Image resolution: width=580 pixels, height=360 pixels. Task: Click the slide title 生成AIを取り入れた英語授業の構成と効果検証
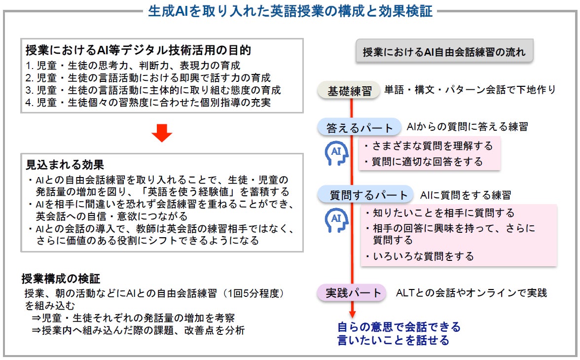coord(290,11)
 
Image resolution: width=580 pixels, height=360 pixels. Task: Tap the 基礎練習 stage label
coord(351,91)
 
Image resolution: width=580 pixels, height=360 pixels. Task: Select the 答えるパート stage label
coord(360,128)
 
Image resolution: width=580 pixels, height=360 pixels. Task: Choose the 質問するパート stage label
coord(363,194)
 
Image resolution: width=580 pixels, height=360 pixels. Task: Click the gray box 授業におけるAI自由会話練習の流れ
coord(444,52)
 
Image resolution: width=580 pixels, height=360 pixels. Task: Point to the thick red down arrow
coord(161,133)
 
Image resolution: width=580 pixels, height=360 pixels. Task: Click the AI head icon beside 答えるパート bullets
coord(337,153)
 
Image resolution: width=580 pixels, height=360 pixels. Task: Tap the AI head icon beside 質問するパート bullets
coord(337,219)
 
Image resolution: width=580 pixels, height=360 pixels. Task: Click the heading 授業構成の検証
coord(61,279)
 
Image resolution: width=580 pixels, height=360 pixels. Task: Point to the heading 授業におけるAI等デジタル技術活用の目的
coord(139,50)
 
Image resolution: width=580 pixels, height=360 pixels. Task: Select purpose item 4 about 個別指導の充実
coord(148,103)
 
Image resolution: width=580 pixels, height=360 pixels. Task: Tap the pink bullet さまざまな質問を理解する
coord(428,146)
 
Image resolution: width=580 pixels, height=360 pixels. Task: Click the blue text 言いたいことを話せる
coord(393,340)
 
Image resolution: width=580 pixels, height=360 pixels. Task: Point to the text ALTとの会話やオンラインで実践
coord(471,293)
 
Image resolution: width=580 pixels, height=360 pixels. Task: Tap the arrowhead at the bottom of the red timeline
coord(352,314)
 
